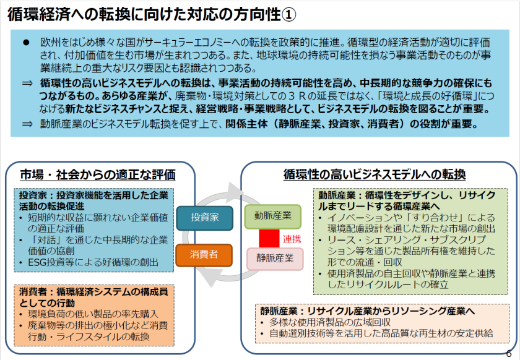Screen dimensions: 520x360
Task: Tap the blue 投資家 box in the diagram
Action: tap(204, 218)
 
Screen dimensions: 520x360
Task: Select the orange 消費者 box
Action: tap(204, 254)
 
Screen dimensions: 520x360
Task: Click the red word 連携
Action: tap(292, 238)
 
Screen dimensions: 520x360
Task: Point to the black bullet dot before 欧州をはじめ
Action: tap(26, 43)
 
